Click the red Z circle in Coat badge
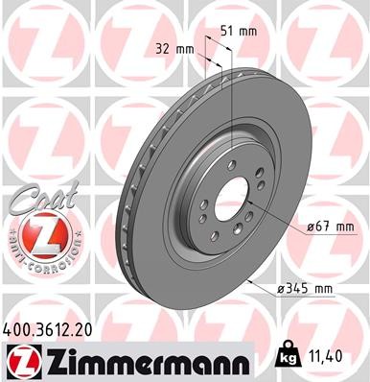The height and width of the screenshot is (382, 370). coord(36,234)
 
